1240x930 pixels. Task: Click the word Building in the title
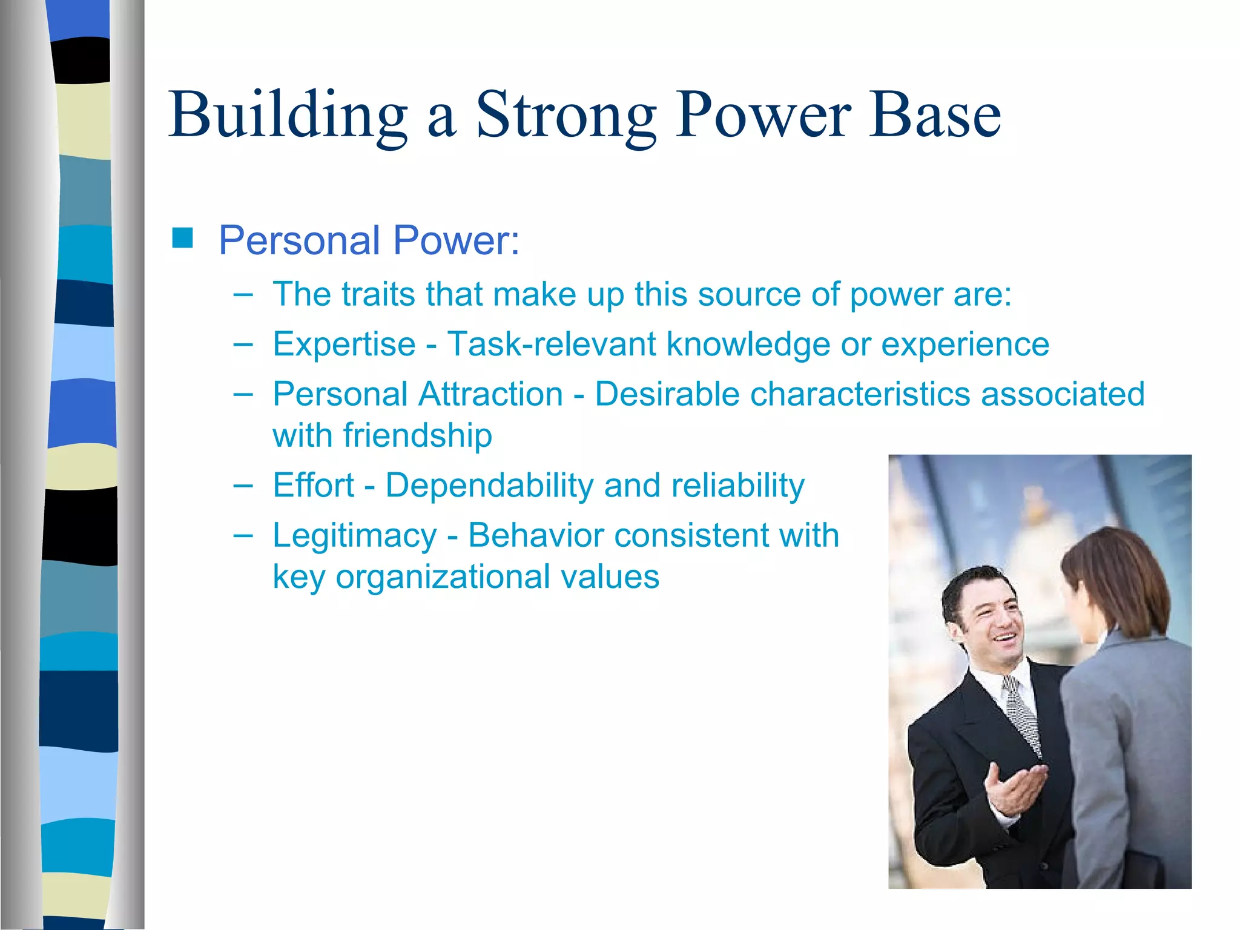tap(288, 115)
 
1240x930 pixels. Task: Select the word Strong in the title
tap(566, 115)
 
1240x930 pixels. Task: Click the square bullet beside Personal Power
tap(182, 239)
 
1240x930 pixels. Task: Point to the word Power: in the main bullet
tap(456, 240)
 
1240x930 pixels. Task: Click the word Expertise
tap(344, 345)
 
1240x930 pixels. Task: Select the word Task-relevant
tap(551, 345)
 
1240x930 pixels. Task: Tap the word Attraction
tap(490, 394)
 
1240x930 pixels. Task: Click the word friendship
tap(417, 435)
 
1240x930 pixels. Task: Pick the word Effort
tap(313, 486)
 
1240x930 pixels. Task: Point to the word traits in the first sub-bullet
tap(377, 295)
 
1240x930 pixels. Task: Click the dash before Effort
tap(243, 486)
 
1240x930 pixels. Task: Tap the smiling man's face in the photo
tap(993, 624)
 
